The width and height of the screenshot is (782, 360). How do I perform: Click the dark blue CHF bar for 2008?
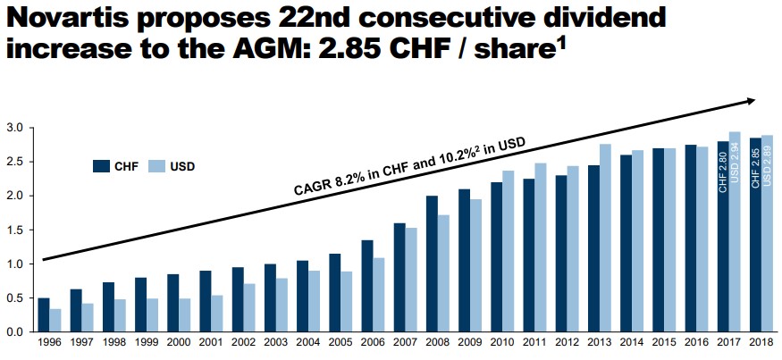[x=432, y=264]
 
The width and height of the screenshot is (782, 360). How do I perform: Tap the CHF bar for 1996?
[x=44, y=314]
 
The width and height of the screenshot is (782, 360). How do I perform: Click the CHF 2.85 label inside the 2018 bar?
[x=756, y=168]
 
